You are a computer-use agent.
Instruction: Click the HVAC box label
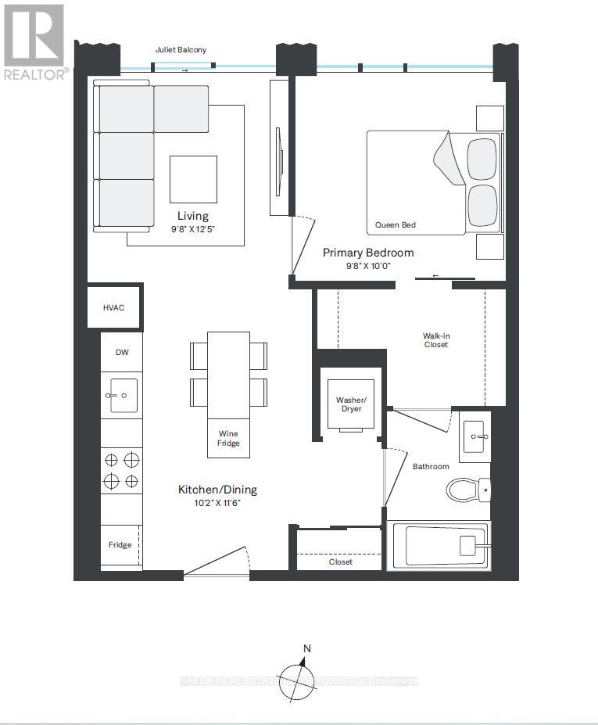coord(113,308)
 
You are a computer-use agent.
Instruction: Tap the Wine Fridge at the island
coord(228,438)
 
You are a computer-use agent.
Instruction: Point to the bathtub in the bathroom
coord(439,544)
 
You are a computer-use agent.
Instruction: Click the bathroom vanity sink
coord(474,436)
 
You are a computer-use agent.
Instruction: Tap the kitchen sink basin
coord(122,396)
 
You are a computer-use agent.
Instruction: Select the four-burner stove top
coord(121,470)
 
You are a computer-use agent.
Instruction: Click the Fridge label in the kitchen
coord(120,544)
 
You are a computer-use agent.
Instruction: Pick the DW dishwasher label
coord(122,352)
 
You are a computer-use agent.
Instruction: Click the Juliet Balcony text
coord(181,50)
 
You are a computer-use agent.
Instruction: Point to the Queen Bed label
coord(396,225)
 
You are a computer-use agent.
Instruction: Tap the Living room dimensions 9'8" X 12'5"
coord(192,229)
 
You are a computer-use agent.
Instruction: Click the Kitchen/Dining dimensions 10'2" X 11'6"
coord(217,503)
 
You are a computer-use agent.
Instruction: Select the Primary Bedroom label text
coord(368,253)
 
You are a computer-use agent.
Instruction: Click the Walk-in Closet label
coord(436,340)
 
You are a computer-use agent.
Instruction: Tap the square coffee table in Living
coord(193,179)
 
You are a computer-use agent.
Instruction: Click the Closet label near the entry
coord(340,562)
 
